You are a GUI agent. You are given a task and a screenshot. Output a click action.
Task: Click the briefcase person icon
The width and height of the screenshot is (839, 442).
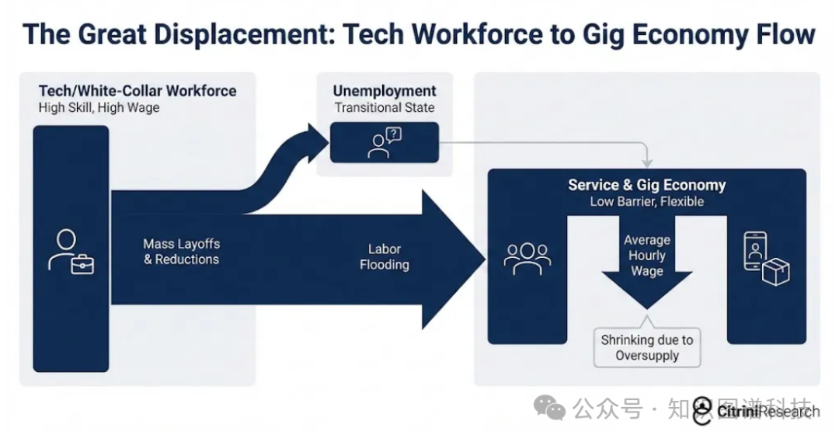(71, 252)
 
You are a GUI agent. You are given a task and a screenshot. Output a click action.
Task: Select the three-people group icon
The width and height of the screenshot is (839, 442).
(527, 259)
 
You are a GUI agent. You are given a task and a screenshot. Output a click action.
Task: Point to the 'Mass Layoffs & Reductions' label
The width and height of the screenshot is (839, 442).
(181, 252)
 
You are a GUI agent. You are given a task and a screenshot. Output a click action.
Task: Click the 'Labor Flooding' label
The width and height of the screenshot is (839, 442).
(384, 257)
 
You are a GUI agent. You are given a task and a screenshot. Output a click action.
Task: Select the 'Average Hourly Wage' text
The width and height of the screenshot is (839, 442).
(646, 255)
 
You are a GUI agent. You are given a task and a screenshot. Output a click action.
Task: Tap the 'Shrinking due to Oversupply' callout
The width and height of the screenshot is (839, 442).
(647, 347)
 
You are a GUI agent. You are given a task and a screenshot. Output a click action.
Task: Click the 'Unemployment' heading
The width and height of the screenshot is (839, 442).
(385, 91)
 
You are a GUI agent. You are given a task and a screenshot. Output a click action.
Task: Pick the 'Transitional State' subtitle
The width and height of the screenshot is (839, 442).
(385, 108)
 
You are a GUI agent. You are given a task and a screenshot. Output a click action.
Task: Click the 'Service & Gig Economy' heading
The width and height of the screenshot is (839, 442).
(646, 185)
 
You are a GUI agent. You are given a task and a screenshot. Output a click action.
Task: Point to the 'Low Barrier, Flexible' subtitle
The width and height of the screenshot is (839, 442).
(646, 202)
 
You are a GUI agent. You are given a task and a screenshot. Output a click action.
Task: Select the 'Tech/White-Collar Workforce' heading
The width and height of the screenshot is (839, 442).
(138, 91)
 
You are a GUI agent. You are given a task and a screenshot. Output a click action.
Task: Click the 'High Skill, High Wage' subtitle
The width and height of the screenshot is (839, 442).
(99, 108)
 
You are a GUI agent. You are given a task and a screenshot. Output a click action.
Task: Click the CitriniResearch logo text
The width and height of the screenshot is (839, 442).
(767, 412)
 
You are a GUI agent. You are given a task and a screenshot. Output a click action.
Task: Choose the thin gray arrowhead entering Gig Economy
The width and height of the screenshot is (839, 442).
(646, 163)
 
